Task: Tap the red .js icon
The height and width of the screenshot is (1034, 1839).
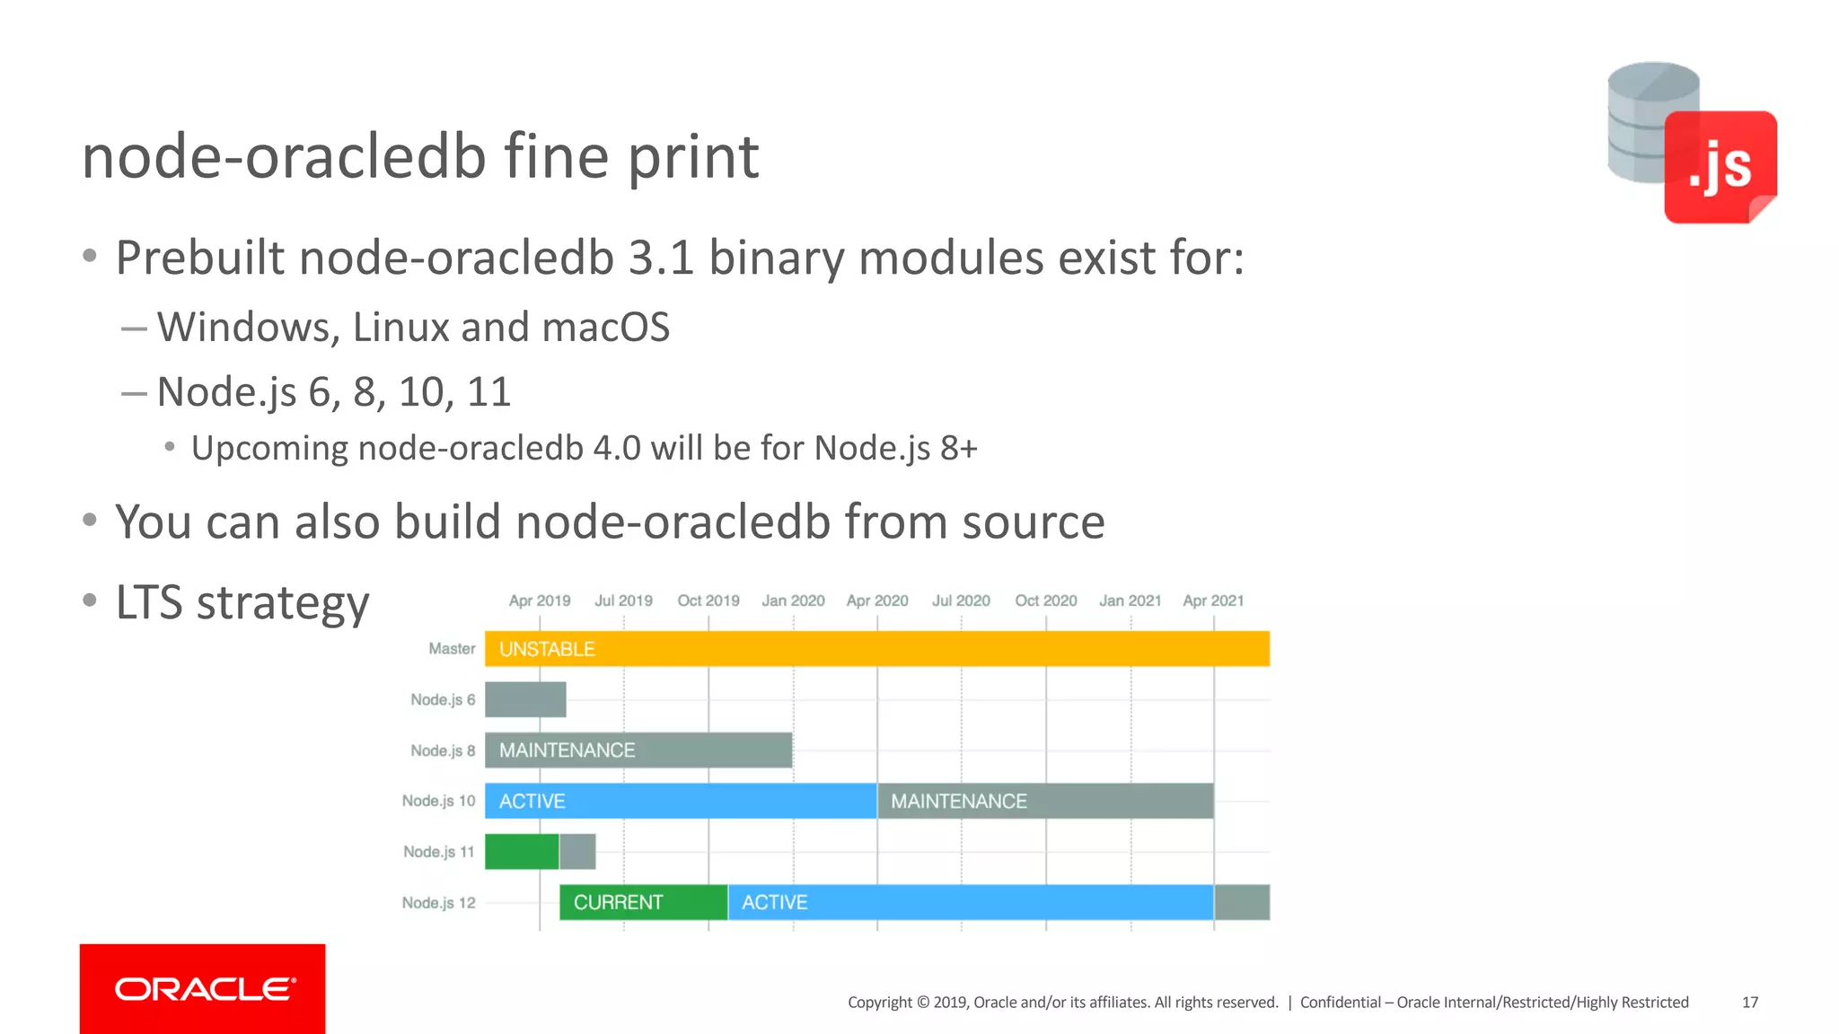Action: [1720, 167]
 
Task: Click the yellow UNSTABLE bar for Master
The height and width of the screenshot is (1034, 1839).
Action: [876, 649]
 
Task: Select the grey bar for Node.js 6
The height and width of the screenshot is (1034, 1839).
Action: [525, 700]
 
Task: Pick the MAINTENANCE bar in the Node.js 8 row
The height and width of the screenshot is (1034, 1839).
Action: [638, 750]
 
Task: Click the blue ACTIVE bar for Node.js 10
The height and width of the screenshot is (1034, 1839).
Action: [681, 801]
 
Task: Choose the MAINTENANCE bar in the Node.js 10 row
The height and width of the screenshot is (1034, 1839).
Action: [1045, 801]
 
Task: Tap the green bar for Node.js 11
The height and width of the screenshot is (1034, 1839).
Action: [522, 852]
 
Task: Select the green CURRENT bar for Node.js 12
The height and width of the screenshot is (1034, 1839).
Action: [643, 902]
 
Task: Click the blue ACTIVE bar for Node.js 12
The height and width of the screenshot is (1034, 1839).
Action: [971, 902]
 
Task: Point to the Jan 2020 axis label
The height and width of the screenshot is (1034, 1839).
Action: [793, 600]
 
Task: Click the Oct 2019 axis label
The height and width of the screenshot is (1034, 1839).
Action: [708, 600]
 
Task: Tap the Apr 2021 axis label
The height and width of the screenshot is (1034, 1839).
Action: [1213, 600]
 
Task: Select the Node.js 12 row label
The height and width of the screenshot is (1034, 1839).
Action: [438, 903]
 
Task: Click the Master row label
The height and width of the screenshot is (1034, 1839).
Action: [452, 649]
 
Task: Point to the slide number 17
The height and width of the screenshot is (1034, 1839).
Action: [1749, 1003]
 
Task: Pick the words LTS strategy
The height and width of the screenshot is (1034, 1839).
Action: [242, 602]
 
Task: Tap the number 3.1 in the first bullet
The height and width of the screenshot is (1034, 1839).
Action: [661, 258]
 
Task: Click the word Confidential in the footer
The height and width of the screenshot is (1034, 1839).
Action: [1340, 1003]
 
